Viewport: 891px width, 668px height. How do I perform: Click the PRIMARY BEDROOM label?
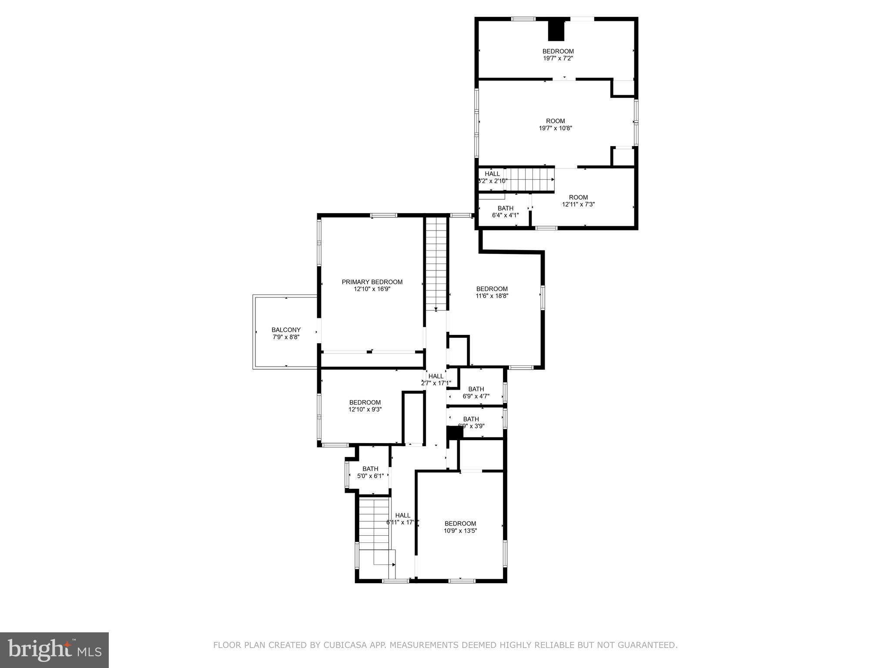[372, 282]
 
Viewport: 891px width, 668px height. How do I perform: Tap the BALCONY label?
[286, 330]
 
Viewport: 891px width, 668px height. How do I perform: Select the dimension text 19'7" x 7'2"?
[558, 58]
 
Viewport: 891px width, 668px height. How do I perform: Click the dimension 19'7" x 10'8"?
[555, 128]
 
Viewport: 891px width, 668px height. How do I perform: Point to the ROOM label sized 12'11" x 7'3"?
[578, 197]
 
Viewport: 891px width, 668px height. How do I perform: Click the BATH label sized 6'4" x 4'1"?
[505, 208]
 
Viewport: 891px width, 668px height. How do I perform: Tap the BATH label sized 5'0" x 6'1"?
[370, 469]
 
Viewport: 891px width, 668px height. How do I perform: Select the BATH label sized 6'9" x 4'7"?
[476, 389]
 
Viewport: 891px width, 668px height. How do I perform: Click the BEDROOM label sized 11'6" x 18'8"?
[492, 289]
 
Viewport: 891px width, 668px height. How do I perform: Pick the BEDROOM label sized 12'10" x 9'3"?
[365, 402]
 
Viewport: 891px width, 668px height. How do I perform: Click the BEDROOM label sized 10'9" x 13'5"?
[460, 524]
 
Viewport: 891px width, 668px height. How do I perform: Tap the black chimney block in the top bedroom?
[556, 30]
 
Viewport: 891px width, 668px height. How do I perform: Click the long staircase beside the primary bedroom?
[436, 263]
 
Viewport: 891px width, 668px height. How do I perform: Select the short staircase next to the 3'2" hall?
[529, 180]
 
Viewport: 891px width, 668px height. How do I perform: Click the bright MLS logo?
[54, 650]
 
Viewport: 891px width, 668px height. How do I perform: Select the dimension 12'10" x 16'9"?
[372, 289]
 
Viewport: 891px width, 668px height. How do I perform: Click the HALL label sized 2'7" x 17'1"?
[435, 376]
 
